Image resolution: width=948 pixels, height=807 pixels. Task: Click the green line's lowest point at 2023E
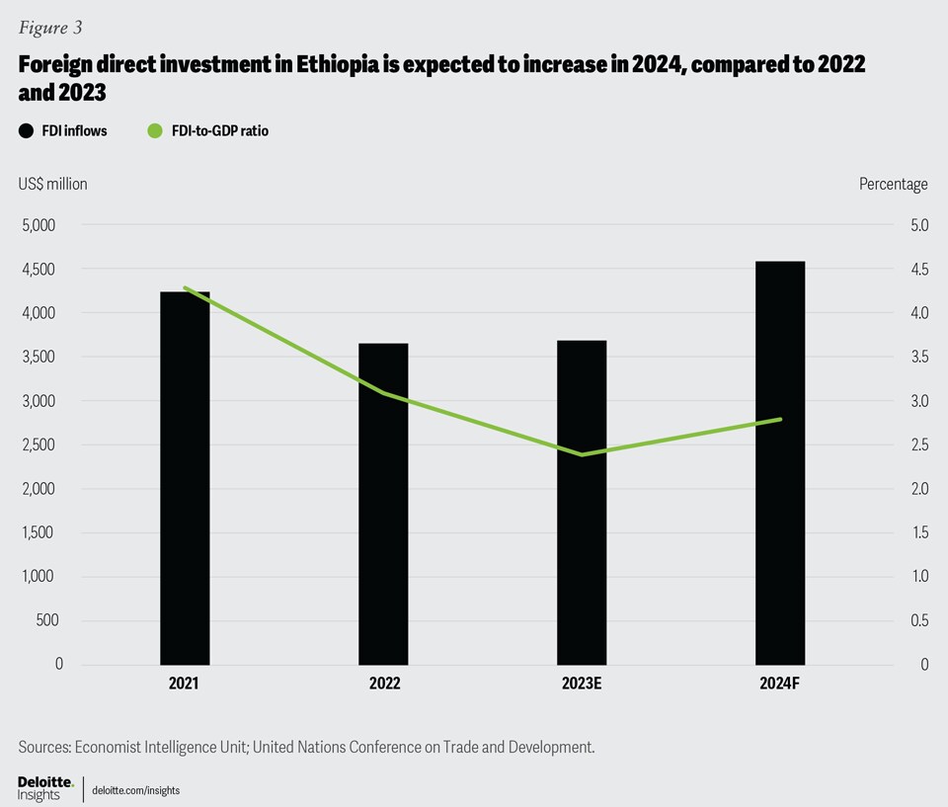point(582,454)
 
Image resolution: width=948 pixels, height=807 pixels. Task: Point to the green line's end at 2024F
point(780,419)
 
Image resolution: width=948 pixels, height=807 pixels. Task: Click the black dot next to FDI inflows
point(26,130)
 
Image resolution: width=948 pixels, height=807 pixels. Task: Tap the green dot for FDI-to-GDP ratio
point(154,130)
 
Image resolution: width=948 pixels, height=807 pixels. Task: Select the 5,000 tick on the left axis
point(39,225)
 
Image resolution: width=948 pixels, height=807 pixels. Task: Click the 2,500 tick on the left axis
point(39,444)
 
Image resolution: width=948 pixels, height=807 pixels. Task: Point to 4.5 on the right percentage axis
point(918,270)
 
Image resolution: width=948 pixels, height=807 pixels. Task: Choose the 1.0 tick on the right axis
point(918,576)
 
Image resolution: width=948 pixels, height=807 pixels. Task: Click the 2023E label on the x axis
point(582,683)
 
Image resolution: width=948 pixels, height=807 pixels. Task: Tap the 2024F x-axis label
point(780,683)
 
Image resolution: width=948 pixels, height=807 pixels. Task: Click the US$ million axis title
point(52,184)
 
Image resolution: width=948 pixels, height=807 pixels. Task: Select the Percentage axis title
point(893,184)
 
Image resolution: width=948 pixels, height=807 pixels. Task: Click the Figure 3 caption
point(50,28)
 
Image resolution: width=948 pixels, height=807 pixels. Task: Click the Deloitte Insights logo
point(45,788)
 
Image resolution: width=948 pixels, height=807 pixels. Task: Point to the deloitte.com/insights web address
point(135,790)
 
